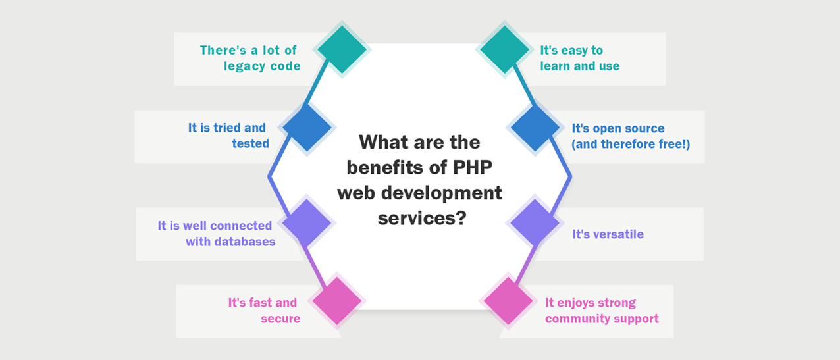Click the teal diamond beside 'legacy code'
point(342,49)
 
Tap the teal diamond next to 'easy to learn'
point(504,49)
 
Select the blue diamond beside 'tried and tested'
point(307,127)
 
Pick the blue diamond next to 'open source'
point(535,127)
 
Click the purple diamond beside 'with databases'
point(306,223)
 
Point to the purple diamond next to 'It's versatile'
point(535,223)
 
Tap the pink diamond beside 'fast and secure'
point(337,301)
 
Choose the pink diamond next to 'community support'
point(508,301)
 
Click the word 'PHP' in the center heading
point(473,167)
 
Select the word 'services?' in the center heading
point(422,218)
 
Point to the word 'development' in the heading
point(441,193)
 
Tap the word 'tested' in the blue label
point(251,143)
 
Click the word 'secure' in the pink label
point(280,319)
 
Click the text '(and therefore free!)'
point(631,144)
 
